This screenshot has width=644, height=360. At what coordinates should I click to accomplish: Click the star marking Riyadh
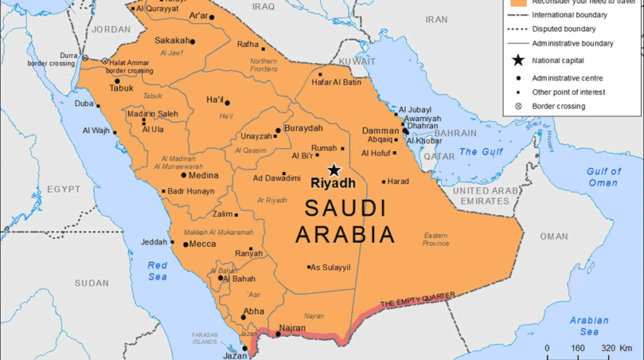(334, 170)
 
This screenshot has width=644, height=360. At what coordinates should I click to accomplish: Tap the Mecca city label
(203, 244)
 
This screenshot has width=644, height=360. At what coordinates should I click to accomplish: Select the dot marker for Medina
(184, 175)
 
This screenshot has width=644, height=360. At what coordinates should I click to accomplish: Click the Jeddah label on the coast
(153, 242)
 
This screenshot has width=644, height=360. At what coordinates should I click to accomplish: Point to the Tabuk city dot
(117, 81)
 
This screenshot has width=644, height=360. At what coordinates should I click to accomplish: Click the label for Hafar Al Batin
(336, 82)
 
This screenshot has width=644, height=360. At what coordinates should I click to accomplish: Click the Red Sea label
(157, 271)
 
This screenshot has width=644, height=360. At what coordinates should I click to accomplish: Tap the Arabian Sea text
(589, 325)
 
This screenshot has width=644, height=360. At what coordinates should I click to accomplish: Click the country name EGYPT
(63, 189)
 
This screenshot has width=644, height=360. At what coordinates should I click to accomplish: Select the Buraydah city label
(303, 128)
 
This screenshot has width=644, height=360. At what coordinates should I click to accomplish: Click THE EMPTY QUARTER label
(417, 298)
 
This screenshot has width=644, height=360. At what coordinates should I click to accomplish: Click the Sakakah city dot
(193, 42)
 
